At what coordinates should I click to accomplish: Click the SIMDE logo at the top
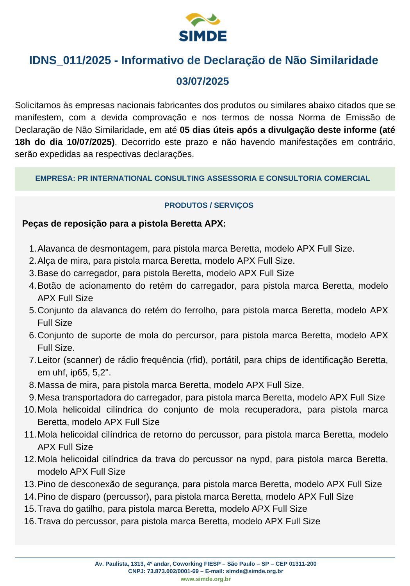click(x=203, y=27)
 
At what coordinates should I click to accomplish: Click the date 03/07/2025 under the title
click(x=203, y=81)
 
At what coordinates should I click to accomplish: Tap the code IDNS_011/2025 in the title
click(x=70, y=61)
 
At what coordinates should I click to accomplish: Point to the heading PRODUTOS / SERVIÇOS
click(x=209, y=205)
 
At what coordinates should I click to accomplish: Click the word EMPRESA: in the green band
click(x=55, y=179)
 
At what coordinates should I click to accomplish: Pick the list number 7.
click(x=32, y=360)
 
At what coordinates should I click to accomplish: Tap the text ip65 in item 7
click(x=79, y=372)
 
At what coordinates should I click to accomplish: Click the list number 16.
click(x=30, y=521)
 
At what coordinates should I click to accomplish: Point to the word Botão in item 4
click(x=50, y=286)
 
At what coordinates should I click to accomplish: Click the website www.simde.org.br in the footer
click(x=205, y=579)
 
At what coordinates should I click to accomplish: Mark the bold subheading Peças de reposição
click(x=64, y=224)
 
